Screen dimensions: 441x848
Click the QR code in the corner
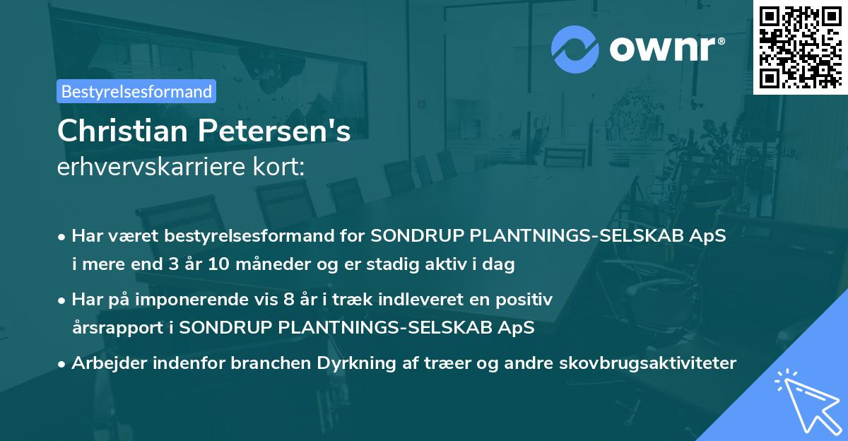click(800, 47)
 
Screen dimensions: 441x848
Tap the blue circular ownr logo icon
click(576, 49)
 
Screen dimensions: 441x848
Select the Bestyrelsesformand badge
click(136, 91)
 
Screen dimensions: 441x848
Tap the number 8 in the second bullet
click(287, 300)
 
